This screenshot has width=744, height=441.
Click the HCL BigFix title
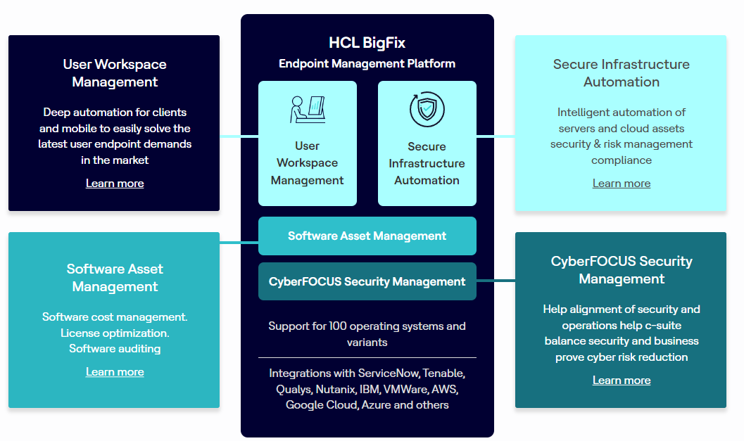367,42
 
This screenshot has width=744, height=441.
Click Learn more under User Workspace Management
115,183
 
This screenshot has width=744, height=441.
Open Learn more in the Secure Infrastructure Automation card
621,183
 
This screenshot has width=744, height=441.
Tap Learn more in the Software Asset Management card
115,371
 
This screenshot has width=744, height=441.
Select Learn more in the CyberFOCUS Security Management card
621,380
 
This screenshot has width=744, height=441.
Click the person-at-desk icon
308,109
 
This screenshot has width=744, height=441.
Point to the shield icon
427,110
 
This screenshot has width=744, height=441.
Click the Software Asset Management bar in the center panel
367,236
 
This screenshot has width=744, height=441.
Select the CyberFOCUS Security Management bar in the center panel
367,281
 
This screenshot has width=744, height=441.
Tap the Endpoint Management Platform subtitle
367,63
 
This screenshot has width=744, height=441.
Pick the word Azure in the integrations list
377,405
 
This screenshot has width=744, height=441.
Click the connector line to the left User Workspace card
239,136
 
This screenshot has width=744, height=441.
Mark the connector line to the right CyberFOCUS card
496,281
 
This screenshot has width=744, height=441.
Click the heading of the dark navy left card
115,73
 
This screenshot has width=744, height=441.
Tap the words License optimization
115,333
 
